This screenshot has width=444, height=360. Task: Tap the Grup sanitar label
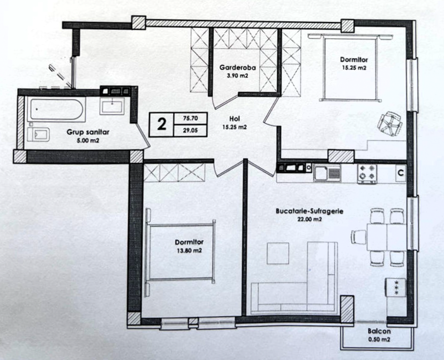[x=88, y=132]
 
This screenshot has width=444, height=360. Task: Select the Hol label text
[x=235, y=120]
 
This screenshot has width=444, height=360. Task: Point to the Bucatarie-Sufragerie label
[x=310, y=211]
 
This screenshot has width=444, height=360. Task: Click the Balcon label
[x=379, y=331]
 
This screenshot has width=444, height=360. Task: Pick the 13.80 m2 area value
[x=189, y=250]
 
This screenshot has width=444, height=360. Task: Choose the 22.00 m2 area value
[x=310, y=219]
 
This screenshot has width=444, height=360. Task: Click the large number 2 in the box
[x=161, y=124]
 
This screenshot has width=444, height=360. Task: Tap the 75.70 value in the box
[x=191, y=118]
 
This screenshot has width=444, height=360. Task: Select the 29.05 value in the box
[x=191, y=131]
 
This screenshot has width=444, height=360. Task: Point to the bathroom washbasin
[x=112, y=106]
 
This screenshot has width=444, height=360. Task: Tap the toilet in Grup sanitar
[x=39, y=134]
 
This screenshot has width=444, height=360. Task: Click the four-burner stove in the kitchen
[x=367, y=173]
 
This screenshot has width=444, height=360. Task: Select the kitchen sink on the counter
[x=327, y=173]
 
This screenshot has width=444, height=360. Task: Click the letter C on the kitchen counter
[x=401, y=173]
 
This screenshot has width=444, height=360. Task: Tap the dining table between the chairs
[x=387, y=237]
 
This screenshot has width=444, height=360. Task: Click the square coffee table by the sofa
[x=278, y=253]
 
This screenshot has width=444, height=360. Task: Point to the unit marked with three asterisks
[x=396, y=287]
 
